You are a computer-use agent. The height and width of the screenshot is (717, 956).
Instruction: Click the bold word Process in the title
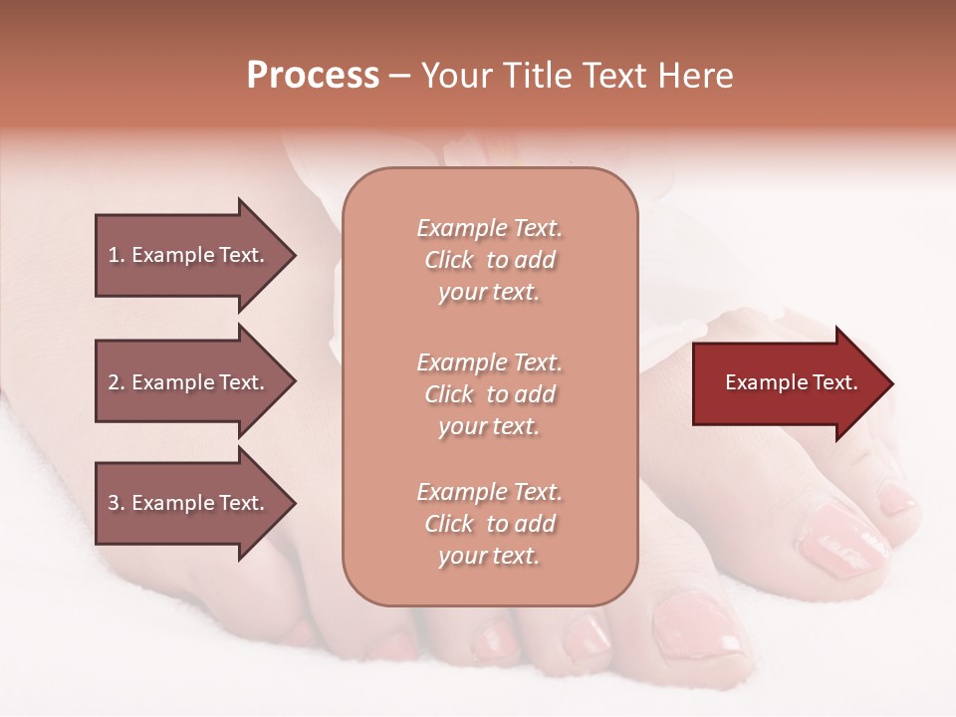[313, 76]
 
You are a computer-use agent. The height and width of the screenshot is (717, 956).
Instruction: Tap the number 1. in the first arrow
[117, 255]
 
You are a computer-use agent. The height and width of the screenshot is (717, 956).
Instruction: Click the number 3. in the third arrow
[117, 503]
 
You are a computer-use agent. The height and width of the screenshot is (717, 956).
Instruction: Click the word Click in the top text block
[448, 260]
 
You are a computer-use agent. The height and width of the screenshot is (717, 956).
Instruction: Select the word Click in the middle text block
[448, 394]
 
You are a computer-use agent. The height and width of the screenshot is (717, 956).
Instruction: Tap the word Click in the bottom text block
[448, 524]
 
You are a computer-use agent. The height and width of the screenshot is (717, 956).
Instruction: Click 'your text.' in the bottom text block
[489, 556]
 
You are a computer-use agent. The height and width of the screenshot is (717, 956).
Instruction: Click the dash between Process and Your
[400, 76]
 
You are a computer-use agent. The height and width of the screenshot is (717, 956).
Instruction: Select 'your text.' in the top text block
[489, 292]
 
